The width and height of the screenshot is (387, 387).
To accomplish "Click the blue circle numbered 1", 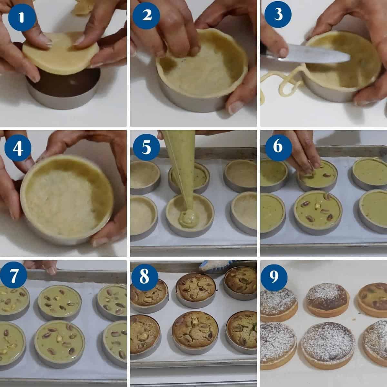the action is tap(22, 17).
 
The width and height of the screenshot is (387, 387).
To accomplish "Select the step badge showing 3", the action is tap(278, 14).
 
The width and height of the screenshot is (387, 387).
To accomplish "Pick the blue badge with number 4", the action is tap(18, 148).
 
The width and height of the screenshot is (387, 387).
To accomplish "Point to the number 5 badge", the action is tap(146, 147).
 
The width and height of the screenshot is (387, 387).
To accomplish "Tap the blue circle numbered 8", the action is tap(144, 277).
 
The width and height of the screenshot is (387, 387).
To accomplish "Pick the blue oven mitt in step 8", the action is tap(217, 267).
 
